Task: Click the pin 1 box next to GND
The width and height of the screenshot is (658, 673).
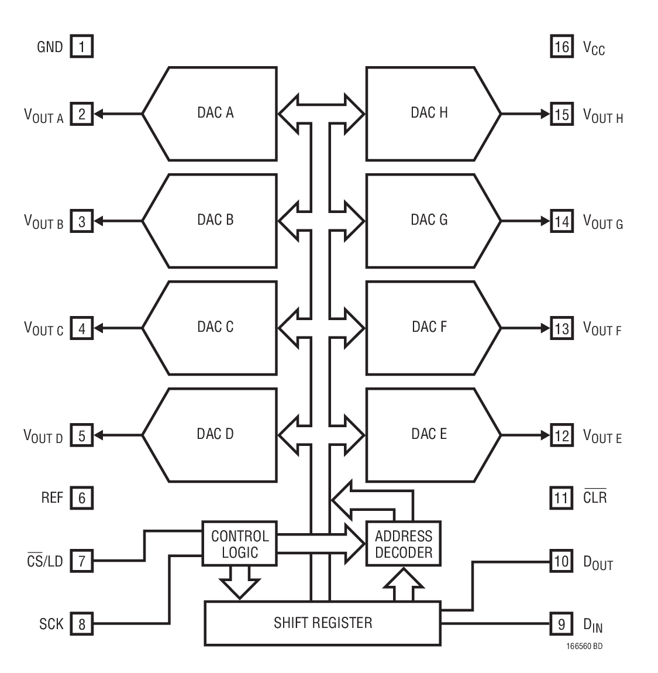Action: point(82,46)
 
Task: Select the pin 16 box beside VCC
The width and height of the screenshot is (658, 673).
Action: point(561,46)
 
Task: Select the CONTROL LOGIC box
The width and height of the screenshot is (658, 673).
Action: point(240,544)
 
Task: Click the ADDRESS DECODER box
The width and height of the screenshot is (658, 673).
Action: point(404,544)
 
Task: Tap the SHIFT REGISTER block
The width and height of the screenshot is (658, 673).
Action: point(322,623)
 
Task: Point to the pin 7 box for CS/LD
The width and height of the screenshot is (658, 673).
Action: point(82,562)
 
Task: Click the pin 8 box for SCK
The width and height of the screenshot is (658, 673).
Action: point(82,624)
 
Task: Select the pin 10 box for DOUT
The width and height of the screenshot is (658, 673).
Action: point(561,562)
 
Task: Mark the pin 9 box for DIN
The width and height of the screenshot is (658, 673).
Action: point(561,624)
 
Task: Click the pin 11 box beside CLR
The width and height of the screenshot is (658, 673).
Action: point(561,498)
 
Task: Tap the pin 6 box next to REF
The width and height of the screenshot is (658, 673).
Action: point(82,498)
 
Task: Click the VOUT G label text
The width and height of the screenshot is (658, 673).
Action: point(603,222)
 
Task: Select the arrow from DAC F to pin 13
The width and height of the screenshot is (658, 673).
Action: point(525,328)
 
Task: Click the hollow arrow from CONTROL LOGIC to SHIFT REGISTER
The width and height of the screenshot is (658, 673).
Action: point(239,582)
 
